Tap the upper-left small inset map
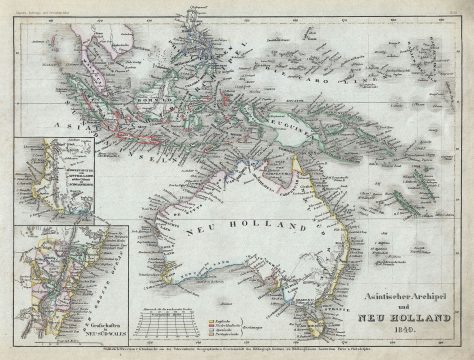pos(55,180)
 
